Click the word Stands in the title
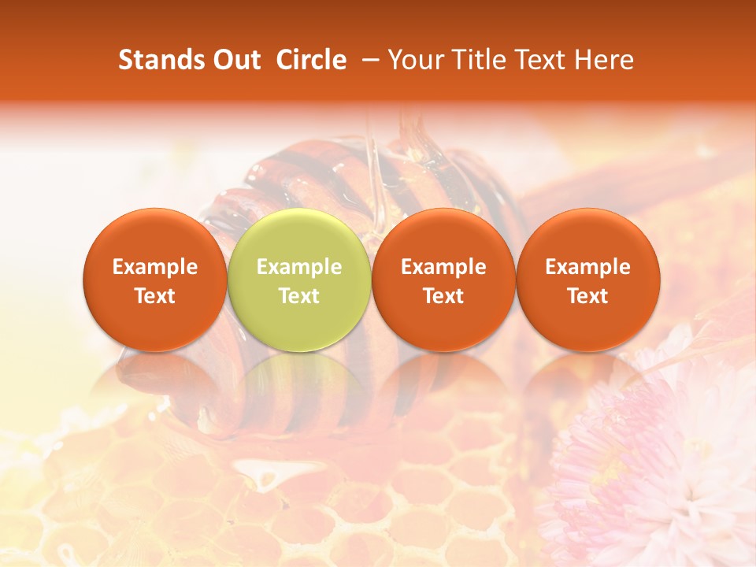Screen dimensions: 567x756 [x=161, y=60]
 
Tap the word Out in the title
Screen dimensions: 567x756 [x=235, y=60]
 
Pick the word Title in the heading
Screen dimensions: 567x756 [x=474, y=60]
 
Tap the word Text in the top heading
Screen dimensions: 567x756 [x=535, y=60]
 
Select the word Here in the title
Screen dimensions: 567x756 [x=602, y=60]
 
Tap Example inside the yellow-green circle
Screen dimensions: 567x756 [x=298, y=267]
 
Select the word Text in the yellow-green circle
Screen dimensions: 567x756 [x=298, y=296]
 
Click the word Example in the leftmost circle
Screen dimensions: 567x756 [x=154, y=267]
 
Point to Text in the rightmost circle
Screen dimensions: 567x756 [x=587, y=296]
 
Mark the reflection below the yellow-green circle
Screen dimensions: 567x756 [x=298, y=386]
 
